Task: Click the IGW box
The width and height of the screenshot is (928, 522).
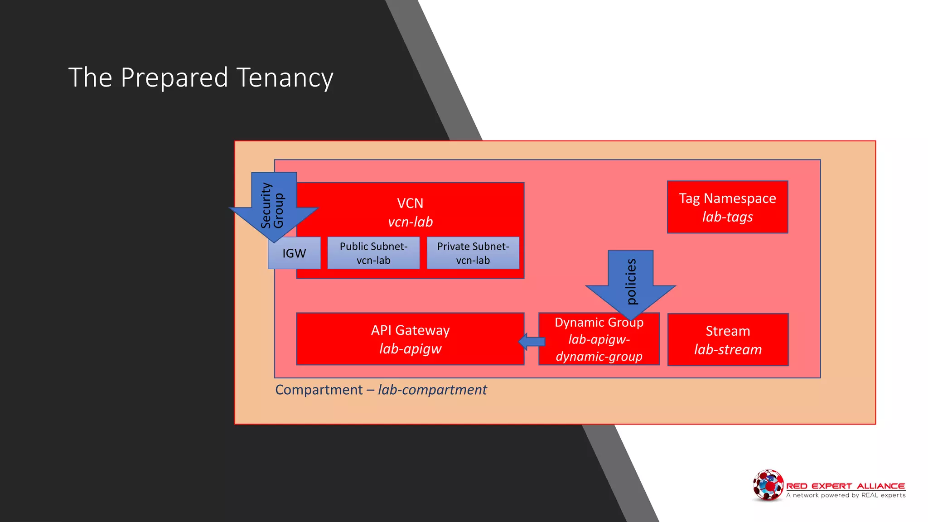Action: click(295, 254)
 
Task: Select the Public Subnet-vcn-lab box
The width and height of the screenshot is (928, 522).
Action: click(373, 253)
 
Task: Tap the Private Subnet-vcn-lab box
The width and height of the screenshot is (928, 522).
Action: click(473, 253)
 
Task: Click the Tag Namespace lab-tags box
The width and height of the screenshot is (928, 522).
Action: click(727, 207)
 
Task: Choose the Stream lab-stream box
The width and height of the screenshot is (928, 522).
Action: click(728, 340)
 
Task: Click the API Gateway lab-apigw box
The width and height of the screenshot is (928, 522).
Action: click(410, 339)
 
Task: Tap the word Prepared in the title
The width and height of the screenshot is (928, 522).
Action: click(174, 77)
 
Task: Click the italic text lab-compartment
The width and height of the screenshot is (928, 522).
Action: click(432, 390)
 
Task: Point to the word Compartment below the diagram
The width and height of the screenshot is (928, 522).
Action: click(319, 390)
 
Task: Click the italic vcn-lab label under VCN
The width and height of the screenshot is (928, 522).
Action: click(410, 222)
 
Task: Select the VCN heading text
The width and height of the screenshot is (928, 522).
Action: click(410, 203)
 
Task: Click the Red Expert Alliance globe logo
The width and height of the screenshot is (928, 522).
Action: click(768, 485)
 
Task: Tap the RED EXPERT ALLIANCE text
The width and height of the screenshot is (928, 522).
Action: click(846, 486)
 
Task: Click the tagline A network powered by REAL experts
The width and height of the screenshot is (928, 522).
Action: click(846, 495)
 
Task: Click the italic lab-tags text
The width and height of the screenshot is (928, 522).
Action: click(727, 217)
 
